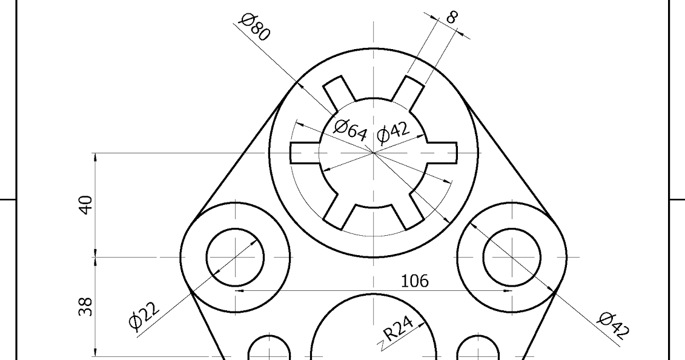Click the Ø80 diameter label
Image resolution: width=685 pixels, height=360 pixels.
click(254, 27)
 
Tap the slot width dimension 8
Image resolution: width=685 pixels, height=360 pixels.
click(451, 16)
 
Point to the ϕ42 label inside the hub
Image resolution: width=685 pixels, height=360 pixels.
click(393, 132)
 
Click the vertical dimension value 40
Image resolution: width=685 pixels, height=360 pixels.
click(87, 205)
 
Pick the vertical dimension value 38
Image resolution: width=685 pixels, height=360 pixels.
click(87, 306)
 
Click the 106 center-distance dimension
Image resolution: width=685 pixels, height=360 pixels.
click(415, 281)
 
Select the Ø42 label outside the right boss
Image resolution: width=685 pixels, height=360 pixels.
click(614, 324)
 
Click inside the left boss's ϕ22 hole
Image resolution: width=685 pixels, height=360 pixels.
click(236, 258)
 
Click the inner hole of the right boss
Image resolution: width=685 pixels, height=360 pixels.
click(512, 258)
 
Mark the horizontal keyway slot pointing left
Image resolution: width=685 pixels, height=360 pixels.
click(305, 153)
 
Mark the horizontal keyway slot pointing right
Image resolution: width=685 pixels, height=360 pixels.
click(443, 153)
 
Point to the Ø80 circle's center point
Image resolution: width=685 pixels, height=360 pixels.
click(374, 153)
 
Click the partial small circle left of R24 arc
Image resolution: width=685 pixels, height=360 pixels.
click(270, 350)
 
